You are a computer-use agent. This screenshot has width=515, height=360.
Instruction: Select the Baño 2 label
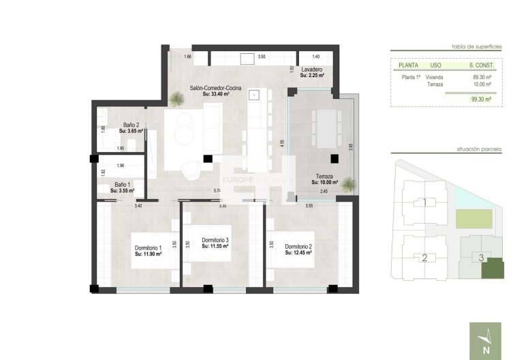tap(131, 125)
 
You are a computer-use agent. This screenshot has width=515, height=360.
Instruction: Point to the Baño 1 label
tap(123, 185)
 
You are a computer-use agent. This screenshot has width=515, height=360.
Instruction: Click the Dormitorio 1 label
tap(148, 247)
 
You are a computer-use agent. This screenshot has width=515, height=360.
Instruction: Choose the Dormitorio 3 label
tap(215, 241)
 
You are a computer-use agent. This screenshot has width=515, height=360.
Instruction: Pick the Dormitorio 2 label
tap(298, 247)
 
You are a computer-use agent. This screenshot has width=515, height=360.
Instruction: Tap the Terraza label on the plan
tap(324, 177)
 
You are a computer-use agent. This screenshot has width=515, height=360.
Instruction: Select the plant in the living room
tap(176, 100)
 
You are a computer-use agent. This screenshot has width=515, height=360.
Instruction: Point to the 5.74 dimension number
tap(217, 190)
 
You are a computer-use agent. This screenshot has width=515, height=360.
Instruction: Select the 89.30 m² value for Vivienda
tap(482, 77)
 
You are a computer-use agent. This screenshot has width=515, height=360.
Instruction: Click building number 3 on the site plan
tap(481, 258)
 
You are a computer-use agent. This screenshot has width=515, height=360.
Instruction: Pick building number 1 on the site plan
tap(424, 202)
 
